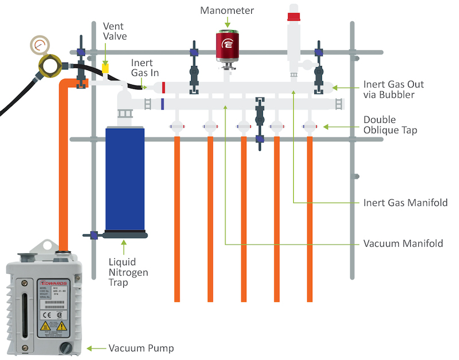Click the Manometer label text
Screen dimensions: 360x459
227,10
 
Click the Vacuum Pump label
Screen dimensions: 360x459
141,348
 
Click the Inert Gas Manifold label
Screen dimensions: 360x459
405,203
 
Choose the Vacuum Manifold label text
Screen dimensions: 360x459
403,243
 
